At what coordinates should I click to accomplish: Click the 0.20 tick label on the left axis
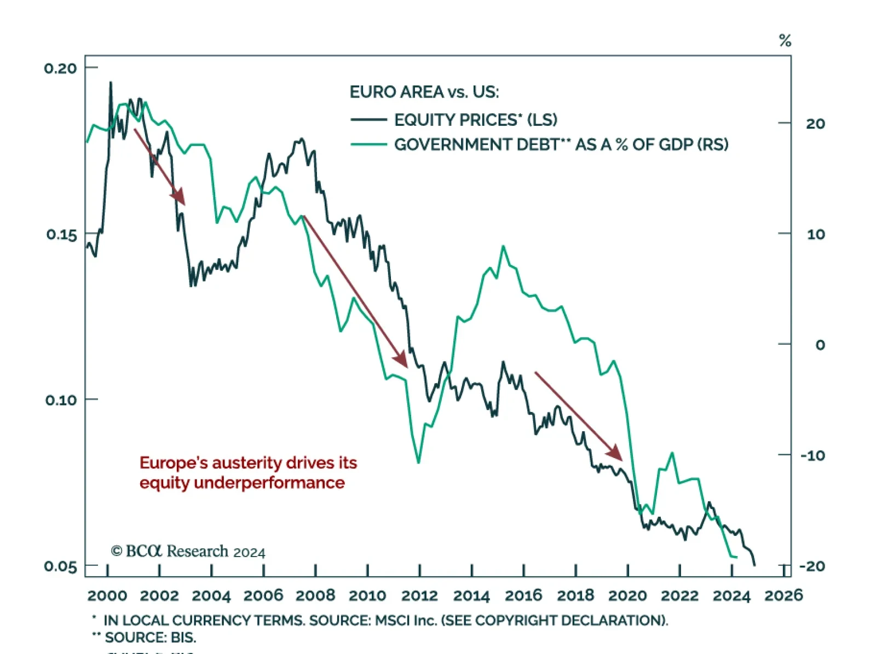[60, 68]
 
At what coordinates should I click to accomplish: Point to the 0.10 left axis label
[61, 400]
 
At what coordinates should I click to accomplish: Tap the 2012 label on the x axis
[419, 595]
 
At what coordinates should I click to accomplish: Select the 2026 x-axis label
[783, 595]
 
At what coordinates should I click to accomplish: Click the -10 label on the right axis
[812, 455]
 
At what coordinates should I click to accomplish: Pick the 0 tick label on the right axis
[820, 345]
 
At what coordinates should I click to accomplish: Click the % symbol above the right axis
[785, 40]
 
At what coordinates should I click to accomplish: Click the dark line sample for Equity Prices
[368, 119]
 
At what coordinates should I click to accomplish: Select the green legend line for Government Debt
[368, 144]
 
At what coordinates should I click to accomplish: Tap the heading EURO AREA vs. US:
[424, 92]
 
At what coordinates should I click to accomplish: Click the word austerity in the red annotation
[247, 463]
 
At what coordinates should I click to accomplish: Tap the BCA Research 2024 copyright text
[188, 551]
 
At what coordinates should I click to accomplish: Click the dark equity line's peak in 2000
[111, 83]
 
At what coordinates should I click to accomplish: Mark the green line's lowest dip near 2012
[418, 462]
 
